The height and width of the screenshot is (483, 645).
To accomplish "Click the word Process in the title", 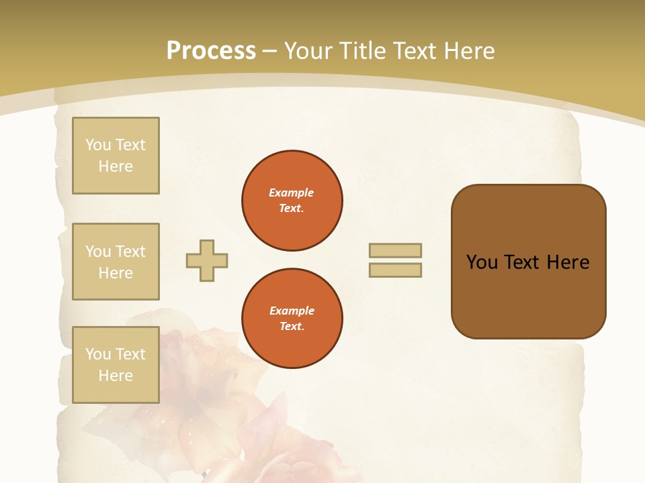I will click(211, 51).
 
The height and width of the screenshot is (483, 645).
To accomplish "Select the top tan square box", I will click(116, 156).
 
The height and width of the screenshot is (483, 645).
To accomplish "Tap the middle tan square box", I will click(116, 262).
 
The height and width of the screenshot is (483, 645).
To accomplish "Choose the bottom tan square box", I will click(116, 365).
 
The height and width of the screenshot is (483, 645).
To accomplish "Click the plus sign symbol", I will click(207, 261).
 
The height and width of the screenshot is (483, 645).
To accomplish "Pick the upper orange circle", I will click(292, 201).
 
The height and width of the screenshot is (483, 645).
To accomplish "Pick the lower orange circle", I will click(292, 319).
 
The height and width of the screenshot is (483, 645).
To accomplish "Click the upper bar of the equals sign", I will click(395, 251).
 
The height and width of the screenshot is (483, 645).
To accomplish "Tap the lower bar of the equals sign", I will click(395, 270).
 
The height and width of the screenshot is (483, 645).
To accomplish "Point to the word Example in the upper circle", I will click(292, 193).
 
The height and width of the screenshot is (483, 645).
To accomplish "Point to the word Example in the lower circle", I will click(292, 311).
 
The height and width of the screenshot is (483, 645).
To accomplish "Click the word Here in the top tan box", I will click(116, 166).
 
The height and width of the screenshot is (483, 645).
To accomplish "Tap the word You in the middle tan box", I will click(98, 252).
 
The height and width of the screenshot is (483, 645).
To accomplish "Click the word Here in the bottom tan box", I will click(116, 376).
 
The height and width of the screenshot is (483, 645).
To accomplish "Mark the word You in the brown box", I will click(481, 262).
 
